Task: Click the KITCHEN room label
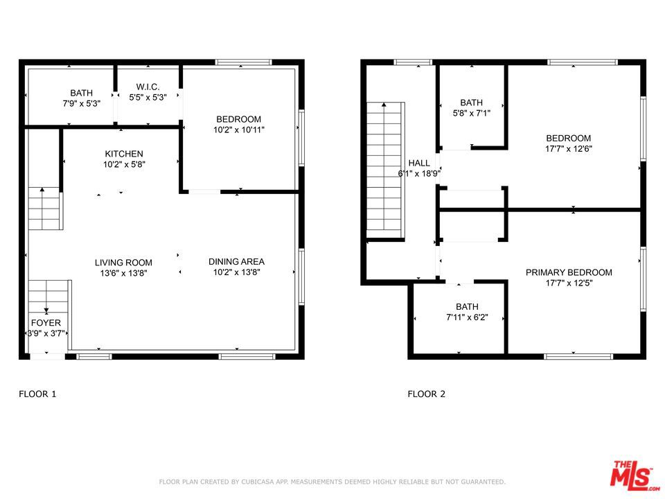coord(124,154)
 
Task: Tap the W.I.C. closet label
coord(148,87)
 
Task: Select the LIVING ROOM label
coord(123,263)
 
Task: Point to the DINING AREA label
coord(236,261)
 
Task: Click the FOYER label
coord(46,323)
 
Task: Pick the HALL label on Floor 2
coord(418,163)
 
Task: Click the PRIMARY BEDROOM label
coord(569,272)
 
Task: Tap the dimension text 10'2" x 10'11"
coord(239,130)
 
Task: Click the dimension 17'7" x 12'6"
coord(568,148)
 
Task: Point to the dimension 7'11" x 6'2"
coord(467,317)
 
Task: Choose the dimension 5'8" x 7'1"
coord(471,113)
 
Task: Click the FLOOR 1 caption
coord(37,394)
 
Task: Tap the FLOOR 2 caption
coord(426,394)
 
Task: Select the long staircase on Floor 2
coord(384,170)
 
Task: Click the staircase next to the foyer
coord(50,295)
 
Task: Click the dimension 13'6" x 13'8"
coord(123,273)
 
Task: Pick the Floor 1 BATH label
coord(81,93)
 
